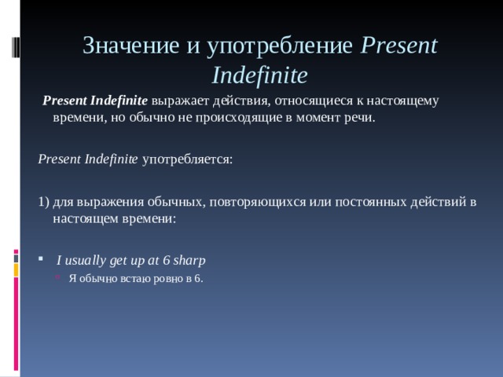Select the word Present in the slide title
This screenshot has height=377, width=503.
pyautogui.click(x=398, y=46)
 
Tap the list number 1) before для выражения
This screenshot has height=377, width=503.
pyautogui.click(x=44, y=202)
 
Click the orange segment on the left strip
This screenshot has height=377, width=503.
pyautogui.click(x=16, y=270)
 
